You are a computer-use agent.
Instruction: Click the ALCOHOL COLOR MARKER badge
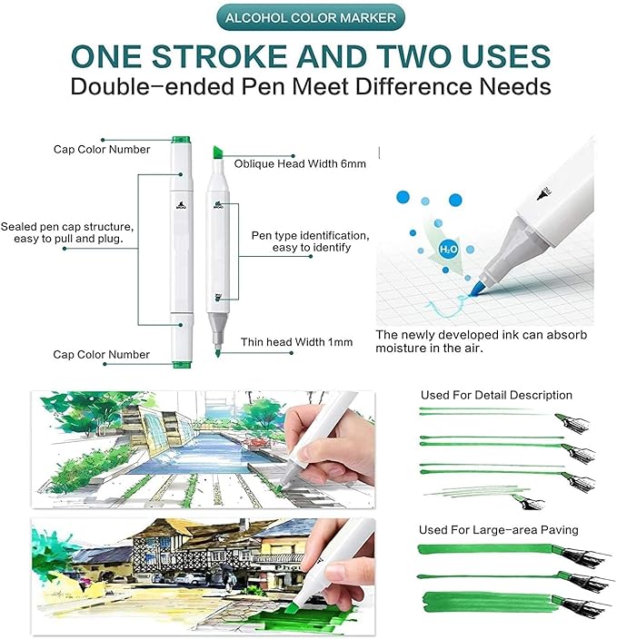click(x=308, y=17)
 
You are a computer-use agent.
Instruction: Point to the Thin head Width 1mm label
click(x=296, y=342)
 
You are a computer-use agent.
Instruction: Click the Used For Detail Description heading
click(x=496, y=395)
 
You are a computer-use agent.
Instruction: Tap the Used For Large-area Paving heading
click(x=498, y=529)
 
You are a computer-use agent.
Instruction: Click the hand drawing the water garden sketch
click(x=332, y=449)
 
